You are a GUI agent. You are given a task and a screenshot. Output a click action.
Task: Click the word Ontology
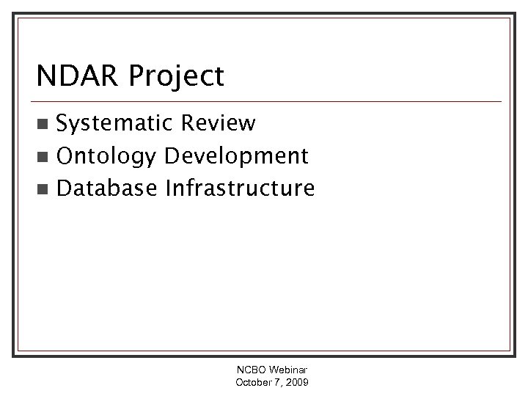coord(107,157)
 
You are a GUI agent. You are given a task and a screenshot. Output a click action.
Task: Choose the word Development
coord(236,157)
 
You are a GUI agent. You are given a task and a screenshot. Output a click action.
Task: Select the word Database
coord(107,188)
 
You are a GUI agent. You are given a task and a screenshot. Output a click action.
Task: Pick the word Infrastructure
coord(240,188)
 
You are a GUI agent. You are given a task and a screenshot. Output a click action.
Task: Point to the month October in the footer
coord(253,384)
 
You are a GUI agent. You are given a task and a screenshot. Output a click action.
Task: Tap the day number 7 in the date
coord(276,384)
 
